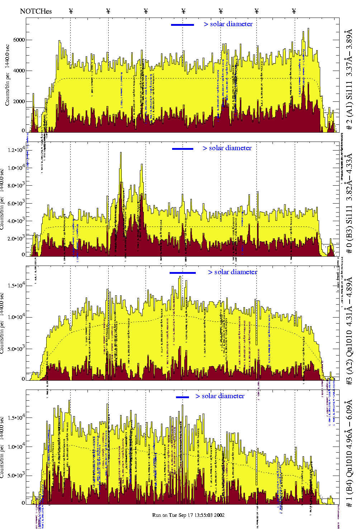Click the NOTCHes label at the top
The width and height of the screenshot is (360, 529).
36,11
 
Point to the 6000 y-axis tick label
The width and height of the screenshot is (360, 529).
19,40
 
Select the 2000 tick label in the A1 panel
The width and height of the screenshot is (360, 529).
19,101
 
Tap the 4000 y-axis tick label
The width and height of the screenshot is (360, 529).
19,71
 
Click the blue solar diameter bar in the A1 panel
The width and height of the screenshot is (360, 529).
183,25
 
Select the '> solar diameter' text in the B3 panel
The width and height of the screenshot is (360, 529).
227,148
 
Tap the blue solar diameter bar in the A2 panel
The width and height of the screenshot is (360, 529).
183,273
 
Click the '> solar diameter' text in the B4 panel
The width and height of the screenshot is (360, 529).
220,396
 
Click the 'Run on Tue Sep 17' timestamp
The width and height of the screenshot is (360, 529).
188,515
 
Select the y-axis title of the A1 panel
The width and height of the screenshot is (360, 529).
7,75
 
